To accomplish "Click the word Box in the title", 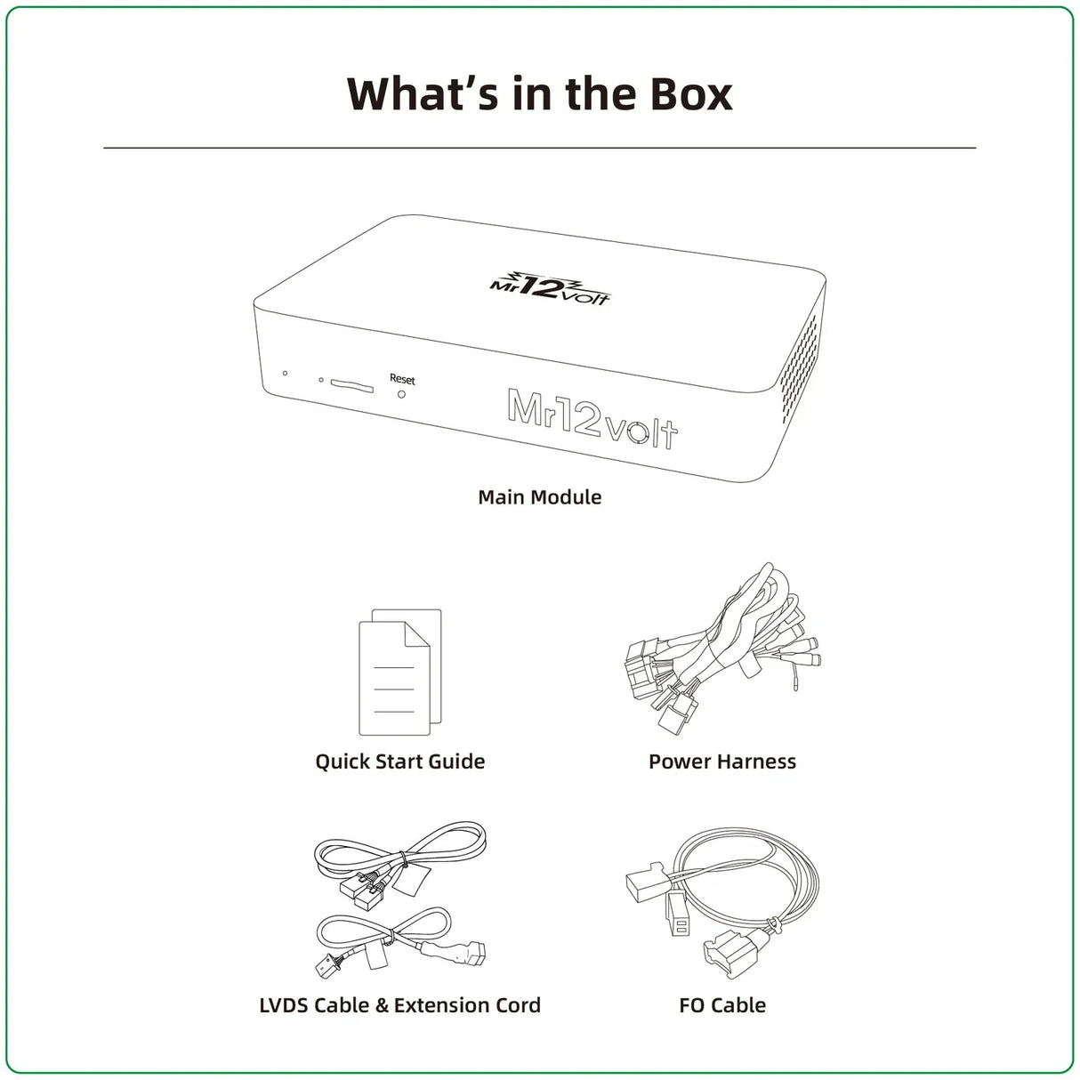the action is click(691, 93).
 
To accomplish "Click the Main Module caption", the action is click(540, 497).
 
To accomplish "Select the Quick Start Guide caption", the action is click(400, 762).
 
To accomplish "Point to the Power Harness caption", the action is click(721, 762).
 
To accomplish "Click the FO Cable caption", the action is click(721, 1005).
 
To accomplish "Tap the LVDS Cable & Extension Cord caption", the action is click(400, 1005).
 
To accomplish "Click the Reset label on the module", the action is click(402, 380).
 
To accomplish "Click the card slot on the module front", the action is click(351, 385).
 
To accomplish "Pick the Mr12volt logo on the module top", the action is click(550, 288).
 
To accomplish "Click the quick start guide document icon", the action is click(399, 672).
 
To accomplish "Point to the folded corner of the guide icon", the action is click(418, 634).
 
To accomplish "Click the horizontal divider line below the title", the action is click(540, 148).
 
